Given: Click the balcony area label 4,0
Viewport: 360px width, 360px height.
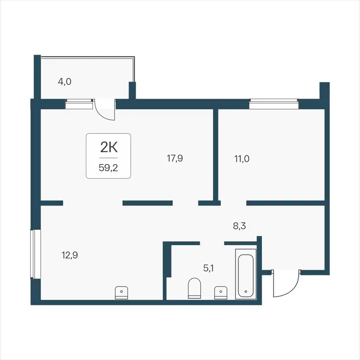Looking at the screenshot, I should [65, 82].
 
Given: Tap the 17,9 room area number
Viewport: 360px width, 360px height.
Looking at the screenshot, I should [175, 158].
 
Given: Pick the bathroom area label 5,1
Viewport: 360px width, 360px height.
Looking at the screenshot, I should [208, 269].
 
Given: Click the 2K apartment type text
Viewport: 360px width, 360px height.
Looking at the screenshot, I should [108, 147].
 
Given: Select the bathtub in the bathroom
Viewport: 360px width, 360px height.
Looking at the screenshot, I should [245, 275].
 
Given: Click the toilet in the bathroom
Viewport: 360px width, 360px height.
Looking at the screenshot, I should [194, 288].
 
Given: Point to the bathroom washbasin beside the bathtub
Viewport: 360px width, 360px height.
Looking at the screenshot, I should [220, 292].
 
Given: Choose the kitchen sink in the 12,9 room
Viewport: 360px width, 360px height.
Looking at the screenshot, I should [121, 292].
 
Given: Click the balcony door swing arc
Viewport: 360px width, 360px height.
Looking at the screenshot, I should [107, 112].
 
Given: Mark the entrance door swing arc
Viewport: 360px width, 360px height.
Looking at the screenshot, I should [288, 286].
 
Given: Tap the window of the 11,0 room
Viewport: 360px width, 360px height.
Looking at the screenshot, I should [274, 104].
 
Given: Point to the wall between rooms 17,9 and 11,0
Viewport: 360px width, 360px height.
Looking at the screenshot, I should [216, 153].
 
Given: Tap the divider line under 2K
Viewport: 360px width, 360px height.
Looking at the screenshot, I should [108, 158].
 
